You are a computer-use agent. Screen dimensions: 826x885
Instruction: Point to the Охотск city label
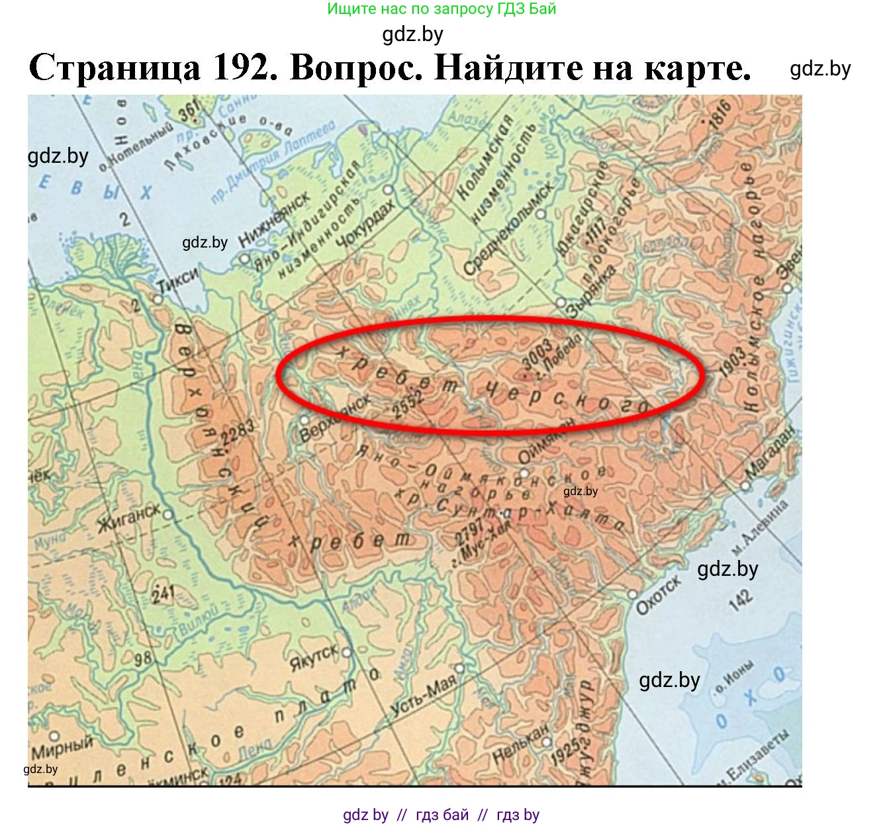[658, 594]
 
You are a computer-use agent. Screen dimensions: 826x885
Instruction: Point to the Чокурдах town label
[364, 223]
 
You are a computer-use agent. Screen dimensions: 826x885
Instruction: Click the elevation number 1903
[733, 360]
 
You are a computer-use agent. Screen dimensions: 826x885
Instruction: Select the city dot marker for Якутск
[346, 652]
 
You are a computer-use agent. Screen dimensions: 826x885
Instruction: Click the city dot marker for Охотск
[632, 594]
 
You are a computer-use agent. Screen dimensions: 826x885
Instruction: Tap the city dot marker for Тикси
[158, 299]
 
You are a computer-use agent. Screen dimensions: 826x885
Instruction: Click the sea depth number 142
[741, 599]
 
